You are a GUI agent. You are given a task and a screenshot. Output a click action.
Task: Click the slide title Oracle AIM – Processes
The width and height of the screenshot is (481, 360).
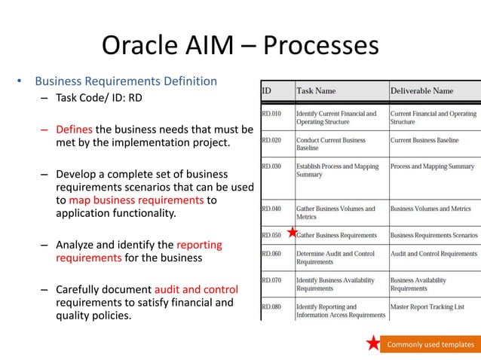[x=240, y=46]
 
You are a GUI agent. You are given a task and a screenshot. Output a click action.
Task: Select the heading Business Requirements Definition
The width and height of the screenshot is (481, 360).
[x=126, y=81]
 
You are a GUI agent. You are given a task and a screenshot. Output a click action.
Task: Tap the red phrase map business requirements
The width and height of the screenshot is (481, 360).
[x=136, y=200]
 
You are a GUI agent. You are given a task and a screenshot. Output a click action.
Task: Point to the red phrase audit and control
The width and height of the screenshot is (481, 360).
[x=195, y=289]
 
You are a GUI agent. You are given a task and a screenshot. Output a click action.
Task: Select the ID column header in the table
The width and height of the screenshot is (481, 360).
[x=267, y=91]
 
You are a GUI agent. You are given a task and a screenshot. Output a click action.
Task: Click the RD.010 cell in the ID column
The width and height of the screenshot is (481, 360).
[x=271, y=114]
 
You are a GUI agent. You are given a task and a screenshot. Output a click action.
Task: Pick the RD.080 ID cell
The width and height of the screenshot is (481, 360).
[x=271, y=307]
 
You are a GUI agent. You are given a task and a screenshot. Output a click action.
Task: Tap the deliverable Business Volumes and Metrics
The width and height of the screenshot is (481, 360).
[x=430, y=209]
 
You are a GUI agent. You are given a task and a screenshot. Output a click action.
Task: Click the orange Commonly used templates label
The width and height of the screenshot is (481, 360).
[x=430, y=345]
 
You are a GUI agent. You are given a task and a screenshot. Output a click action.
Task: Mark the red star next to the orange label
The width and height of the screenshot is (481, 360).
[x=373, y=344]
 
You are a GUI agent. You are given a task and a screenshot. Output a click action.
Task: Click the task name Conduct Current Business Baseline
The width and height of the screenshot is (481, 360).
[x=331, y=144]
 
